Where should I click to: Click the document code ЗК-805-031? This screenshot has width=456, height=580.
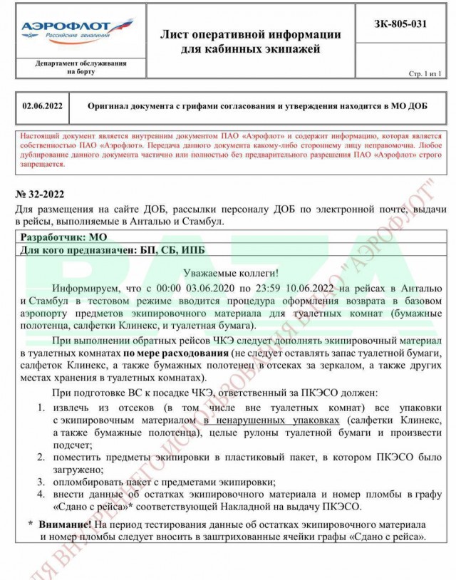[x=400, y=23]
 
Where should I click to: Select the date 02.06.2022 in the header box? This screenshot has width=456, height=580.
[x=43, y=106]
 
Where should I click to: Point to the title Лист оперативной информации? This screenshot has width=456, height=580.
[x=251, y=34]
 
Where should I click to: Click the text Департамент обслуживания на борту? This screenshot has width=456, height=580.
[x=81, y=67]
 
